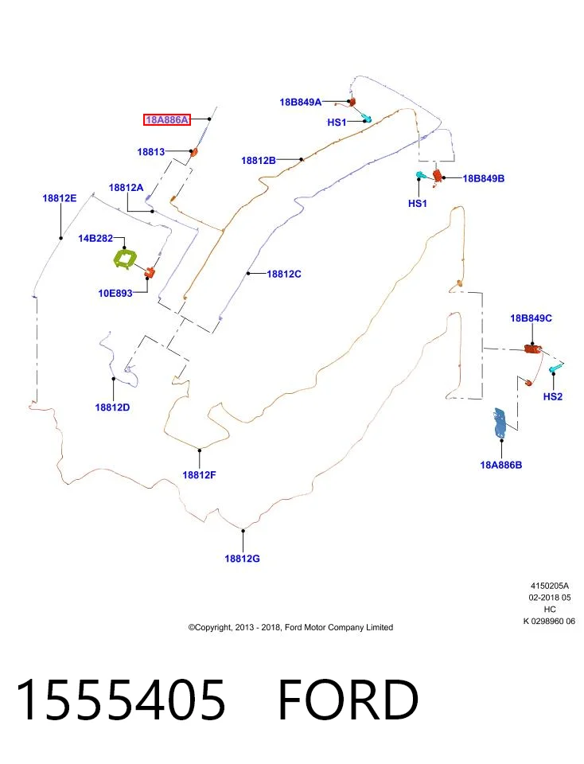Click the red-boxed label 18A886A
coord(166,119)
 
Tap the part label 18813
coord(151,151)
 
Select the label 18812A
coord(127,188)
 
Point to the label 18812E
coord(60,198)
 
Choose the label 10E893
coord(115,293)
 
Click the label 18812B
coord(259,160)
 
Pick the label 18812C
coord(284,274)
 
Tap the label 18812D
coord(112,407)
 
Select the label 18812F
coord(199,474)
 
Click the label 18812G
coord(242,559)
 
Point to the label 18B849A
coord(301,103)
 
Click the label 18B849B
coord(484,178)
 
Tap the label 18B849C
coord(531,318)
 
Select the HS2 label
coord(553,396)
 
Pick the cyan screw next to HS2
coord(555,368)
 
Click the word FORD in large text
coord(348,700)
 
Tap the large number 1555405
coord(121,700)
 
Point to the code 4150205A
coord(550,586)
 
